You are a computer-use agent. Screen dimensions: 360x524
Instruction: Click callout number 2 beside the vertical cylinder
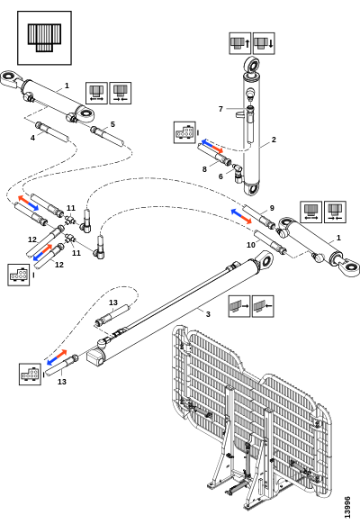pos(274,140)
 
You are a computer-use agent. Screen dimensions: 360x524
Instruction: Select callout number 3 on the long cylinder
pos(208,314)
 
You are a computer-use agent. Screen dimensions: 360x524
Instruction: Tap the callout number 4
pos(32,138)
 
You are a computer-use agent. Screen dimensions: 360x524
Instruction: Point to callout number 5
pos(112,124)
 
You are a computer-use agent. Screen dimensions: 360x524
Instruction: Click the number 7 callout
pos(220,109)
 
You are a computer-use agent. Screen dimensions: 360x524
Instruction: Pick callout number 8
pos(204,169)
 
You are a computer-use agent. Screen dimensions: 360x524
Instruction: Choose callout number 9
pos(272,208)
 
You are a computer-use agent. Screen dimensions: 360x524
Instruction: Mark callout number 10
pos(251,245)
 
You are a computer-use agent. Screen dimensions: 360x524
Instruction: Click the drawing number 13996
pos(347,507)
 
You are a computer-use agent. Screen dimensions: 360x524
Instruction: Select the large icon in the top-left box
pos(44,38)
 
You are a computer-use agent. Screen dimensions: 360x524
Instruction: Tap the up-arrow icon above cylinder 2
pos(239,43)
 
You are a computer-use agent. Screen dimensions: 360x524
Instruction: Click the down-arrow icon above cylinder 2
pos(264,43)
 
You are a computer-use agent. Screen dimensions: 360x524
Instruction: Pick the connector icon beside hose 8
pos(184,132)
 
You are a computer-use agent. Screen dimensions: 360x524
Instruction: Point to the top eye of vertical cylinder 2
pos(252,65)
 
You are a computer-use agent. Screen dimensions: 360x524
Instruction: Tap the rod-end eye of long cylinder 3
pos(265,259)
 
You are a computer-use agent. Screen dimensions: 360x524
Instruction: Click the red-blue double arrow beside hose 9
pos(241,217)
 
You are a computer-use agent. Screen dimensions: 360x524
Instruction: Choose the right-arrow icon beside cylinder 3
pos(239,306)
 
